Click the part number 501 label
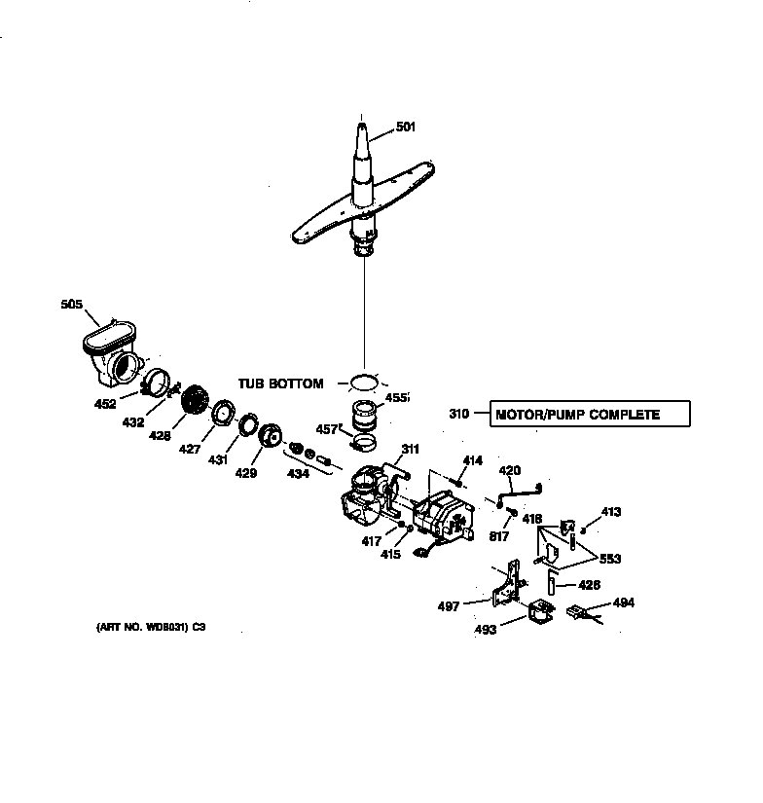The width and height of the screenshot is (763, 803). pos(406,126)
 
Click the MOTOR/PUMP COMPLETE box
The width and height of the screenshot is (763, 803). pos(591,415)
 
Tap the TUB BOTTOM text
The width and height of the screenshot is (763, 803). pos(281,383)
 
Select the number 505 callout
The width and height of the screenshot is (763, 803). pos(72,304)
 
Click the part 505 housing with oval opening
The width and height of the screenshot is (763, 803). pos(107,349)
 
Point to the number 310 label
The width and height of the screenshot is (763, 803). pos(459,415)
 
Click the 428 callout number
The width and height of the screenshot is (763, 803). pos(160,436)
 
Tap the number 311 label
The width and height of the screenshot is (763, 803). pos(410,449)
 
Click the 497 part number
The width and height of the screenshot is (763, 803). pos(448,605)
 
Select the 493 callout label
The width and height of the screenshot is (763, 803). pos(486,630)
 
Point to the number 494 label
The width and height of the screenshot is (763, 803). pos(623,603)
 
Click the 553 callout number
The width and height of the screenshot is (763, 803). pos(610,559)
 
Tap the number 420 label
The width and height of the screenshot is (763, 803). pos(510,470)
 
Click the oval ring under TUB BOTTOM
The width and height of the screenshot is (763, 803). pos(362,381)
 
